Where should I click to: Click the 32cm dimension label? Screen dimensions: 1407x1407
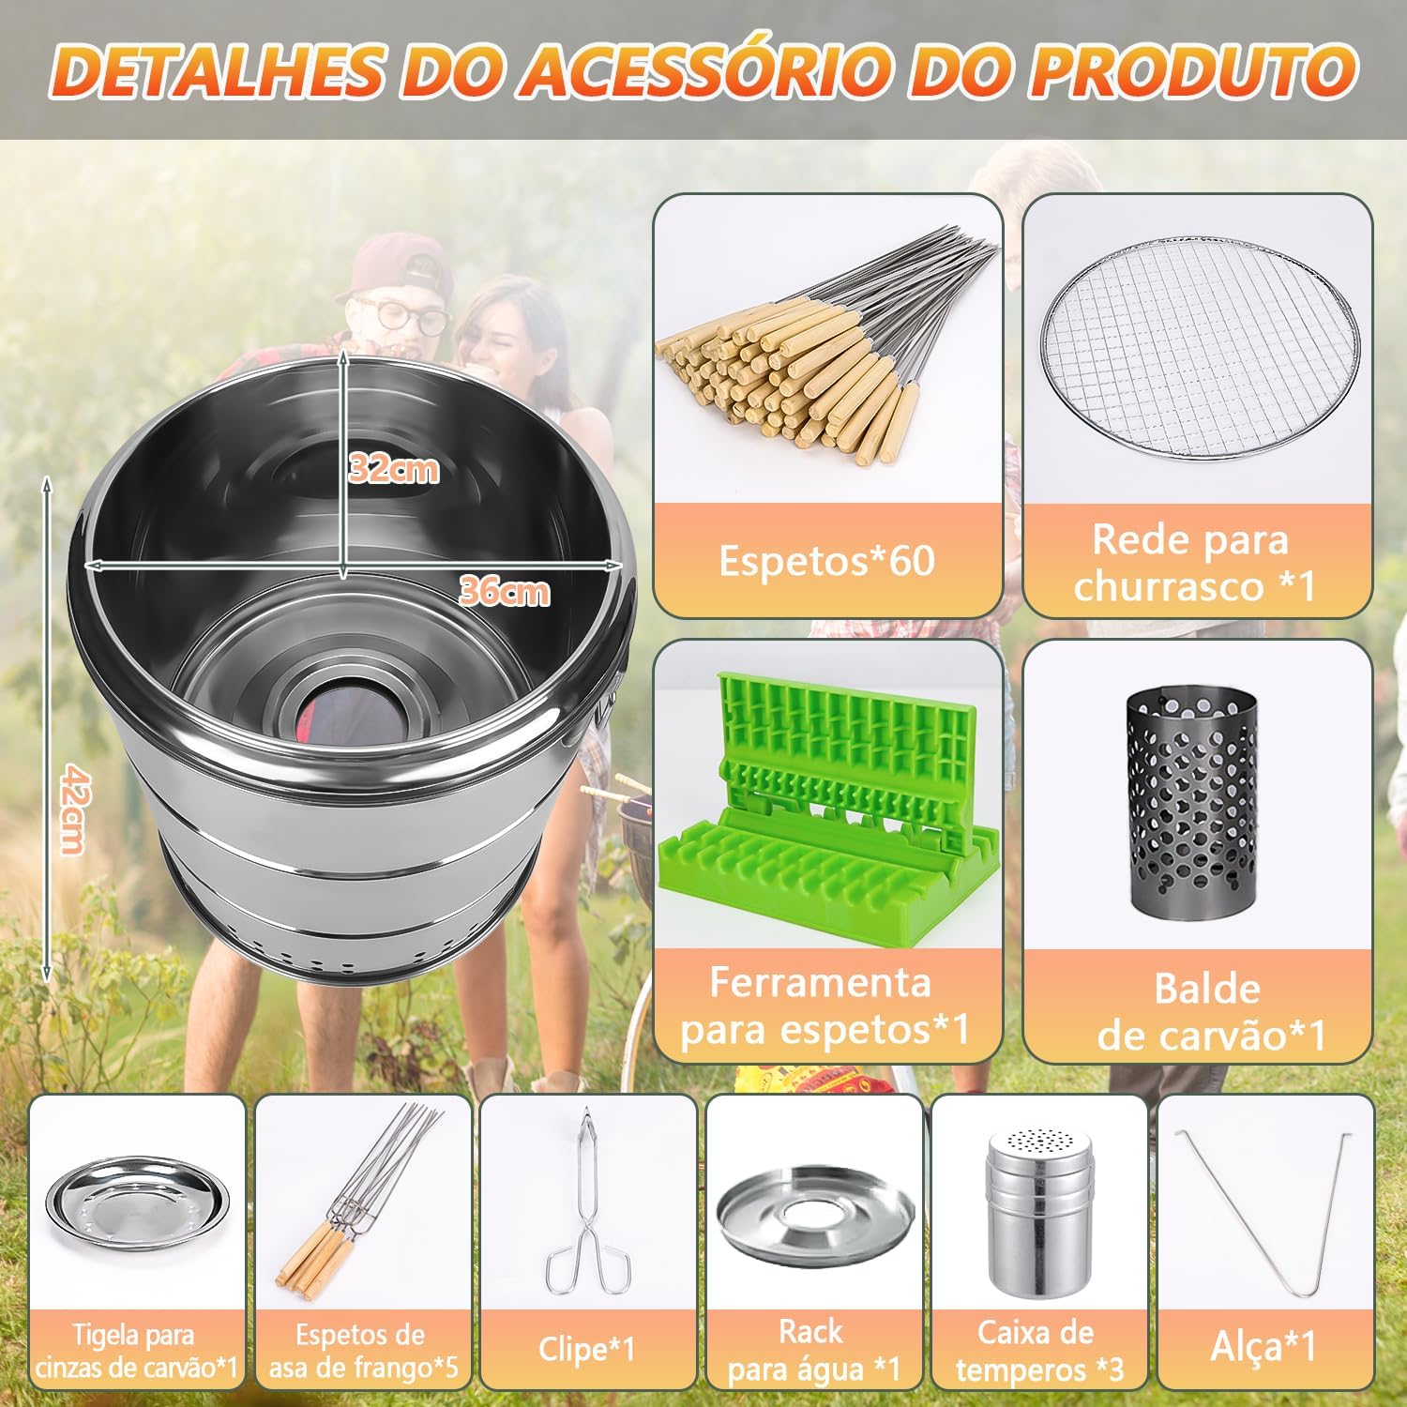tap(393, 467)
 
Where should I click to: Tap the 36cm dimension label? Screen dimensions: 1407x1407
tap(505, 591)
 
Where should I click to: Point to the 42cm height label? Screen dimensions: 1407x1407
tap(72, 809)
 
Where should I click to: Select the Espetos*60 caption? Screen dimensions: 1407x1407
tap(826, 560)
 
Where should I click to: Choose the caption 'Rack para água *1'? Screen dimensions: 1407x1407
tap(813, 1350)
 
